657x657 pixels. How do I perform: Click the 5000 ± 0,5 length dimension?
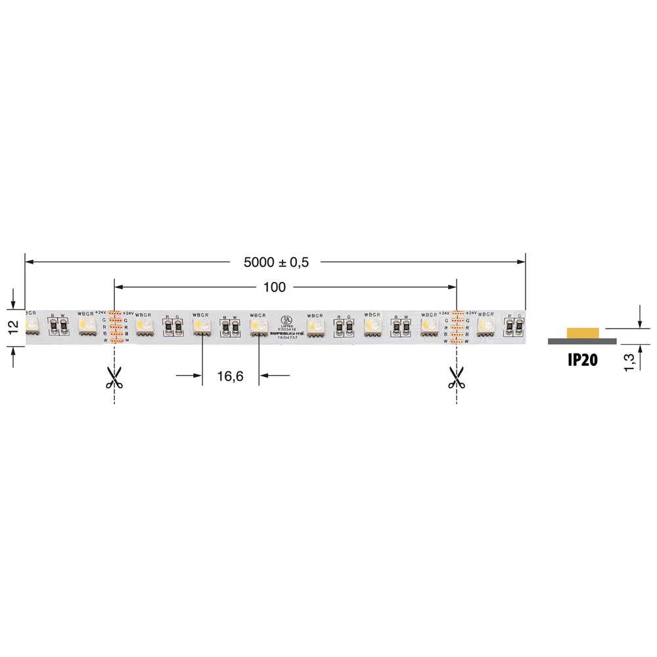tap(276, 262)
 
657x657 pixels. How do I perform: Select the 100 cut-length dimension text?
tap(275, 287)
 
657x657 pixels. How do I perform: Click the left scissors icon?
tap(114, 378)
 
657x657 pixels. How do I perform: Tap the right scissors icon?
tap(457, 378)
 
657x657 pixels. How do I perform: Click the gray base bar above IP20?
tap(582, 341)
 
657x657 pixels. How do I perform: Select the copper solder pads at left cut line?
tap(114, 327)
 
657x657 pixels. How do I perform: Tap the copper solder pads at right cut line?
tap(457, 327)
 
